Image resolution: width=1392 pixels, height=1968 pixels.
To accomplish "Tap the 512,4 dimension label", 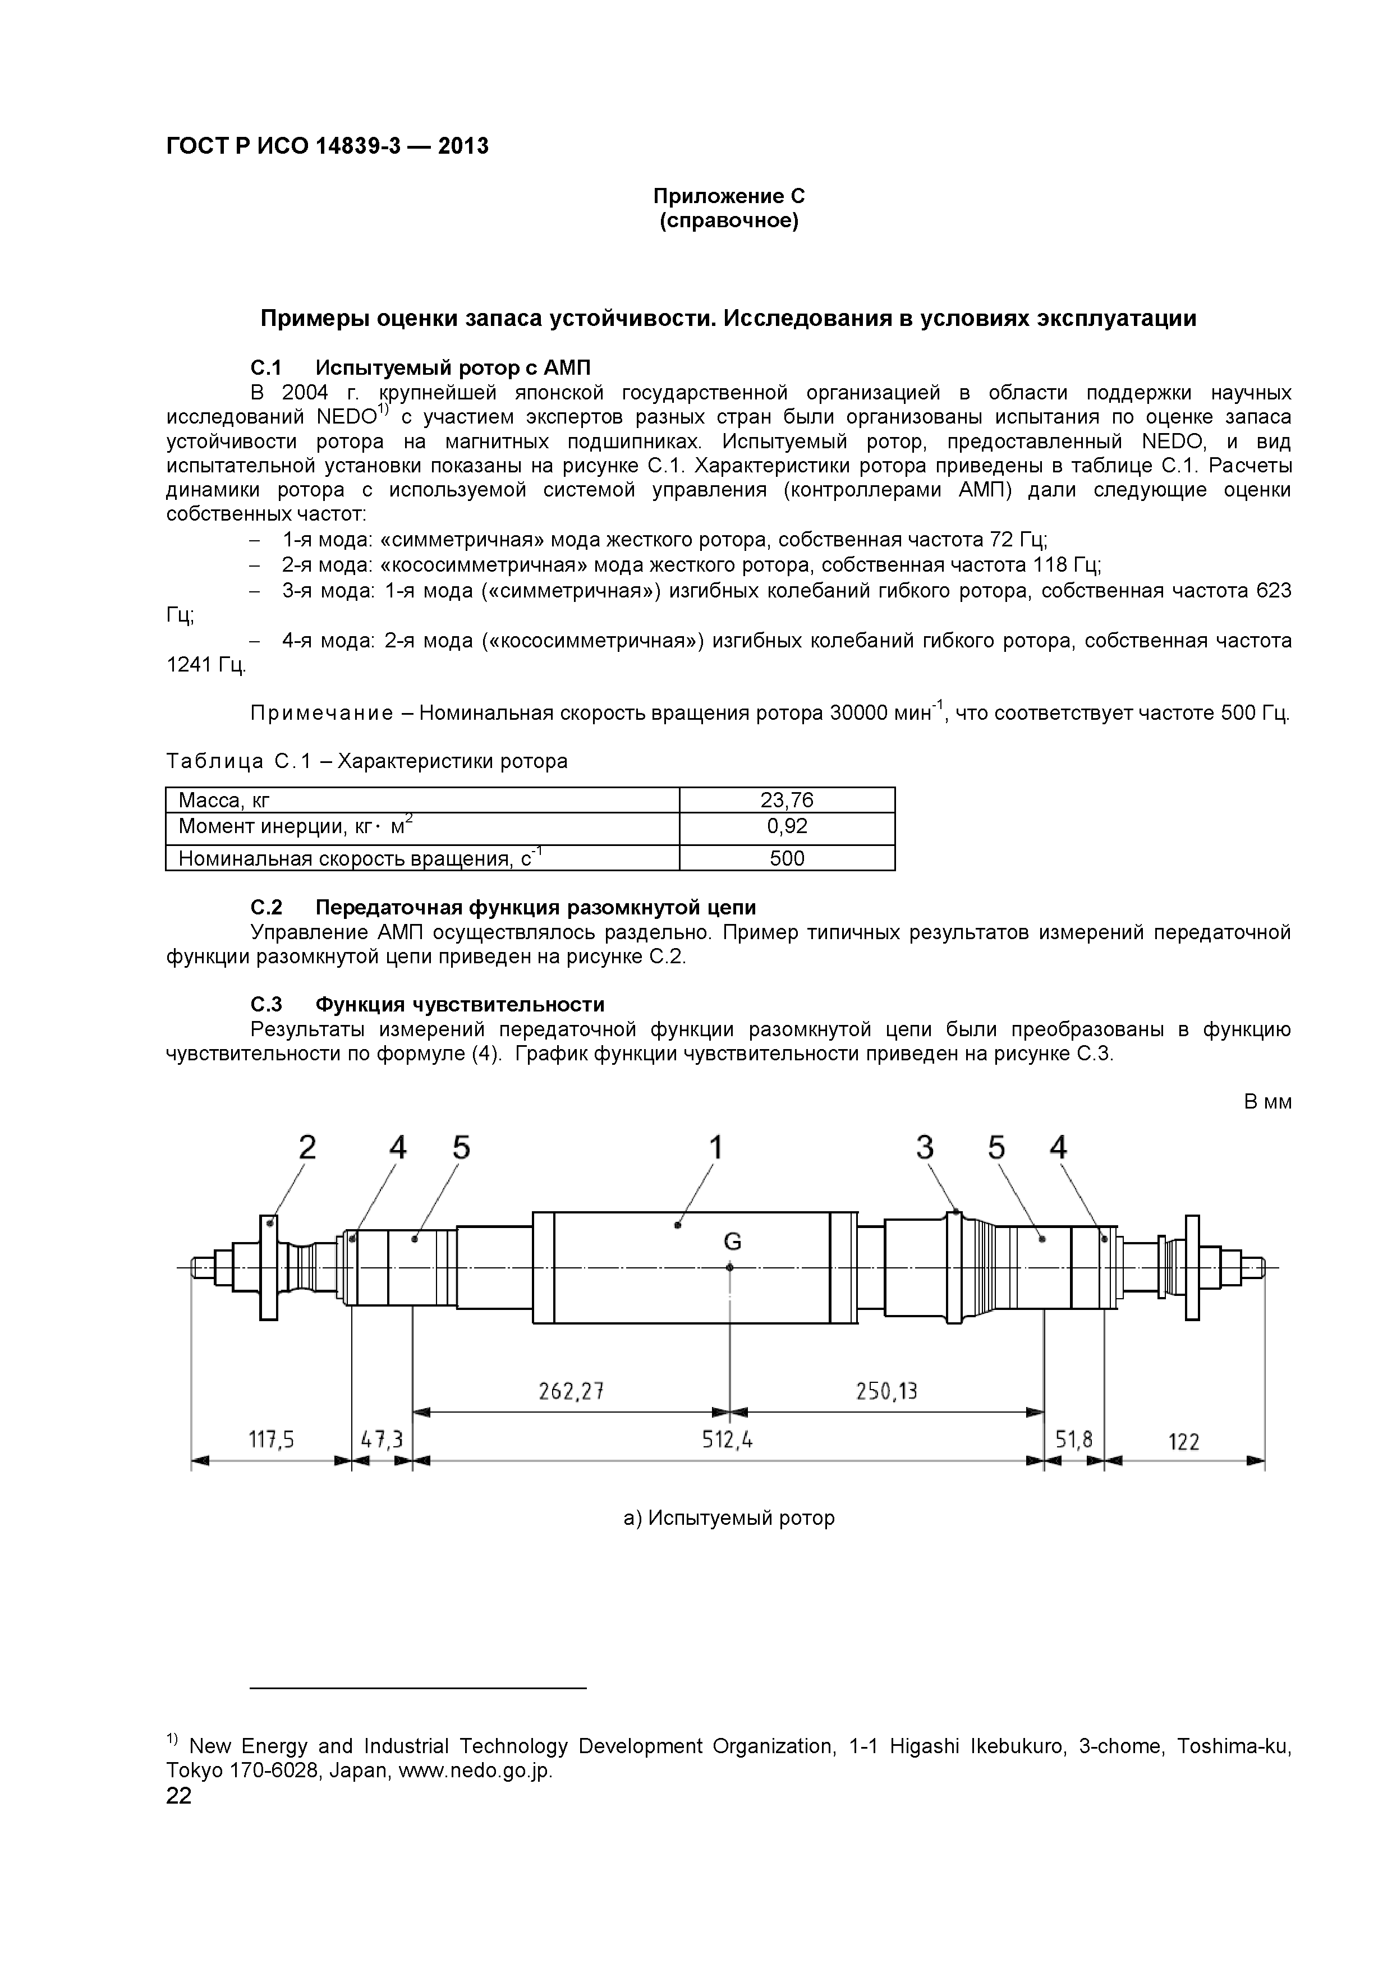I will coord(728,1440).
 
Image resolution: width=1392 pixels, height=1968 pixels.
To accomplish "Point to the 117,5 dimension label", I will coord(272,1440).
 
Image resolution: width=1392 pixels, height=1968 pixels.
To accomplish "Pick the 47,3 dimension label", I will coord(382,1440).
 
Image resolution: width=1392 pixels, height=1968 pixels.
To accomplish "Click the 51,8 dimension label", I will coord(1074,1440).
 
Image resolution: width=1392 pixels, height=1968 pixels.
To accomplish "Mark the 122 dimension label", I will coord(1184,1442).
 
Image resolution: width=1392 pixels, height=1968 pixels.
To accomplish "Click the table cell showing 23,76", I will coord(787,801).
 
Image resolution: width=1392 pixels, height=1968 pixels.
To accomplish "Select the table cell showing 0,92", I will coord(787,826).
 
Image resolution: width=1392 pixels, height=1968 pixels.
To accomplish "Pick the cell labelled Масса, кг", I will coord(224,801).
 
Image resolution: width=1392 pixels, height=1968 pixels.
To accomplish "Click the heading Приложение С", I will coord(729,196).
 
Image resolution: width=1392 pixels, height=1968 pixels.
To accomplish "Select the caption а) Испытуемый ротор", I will coord(729,1518).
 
